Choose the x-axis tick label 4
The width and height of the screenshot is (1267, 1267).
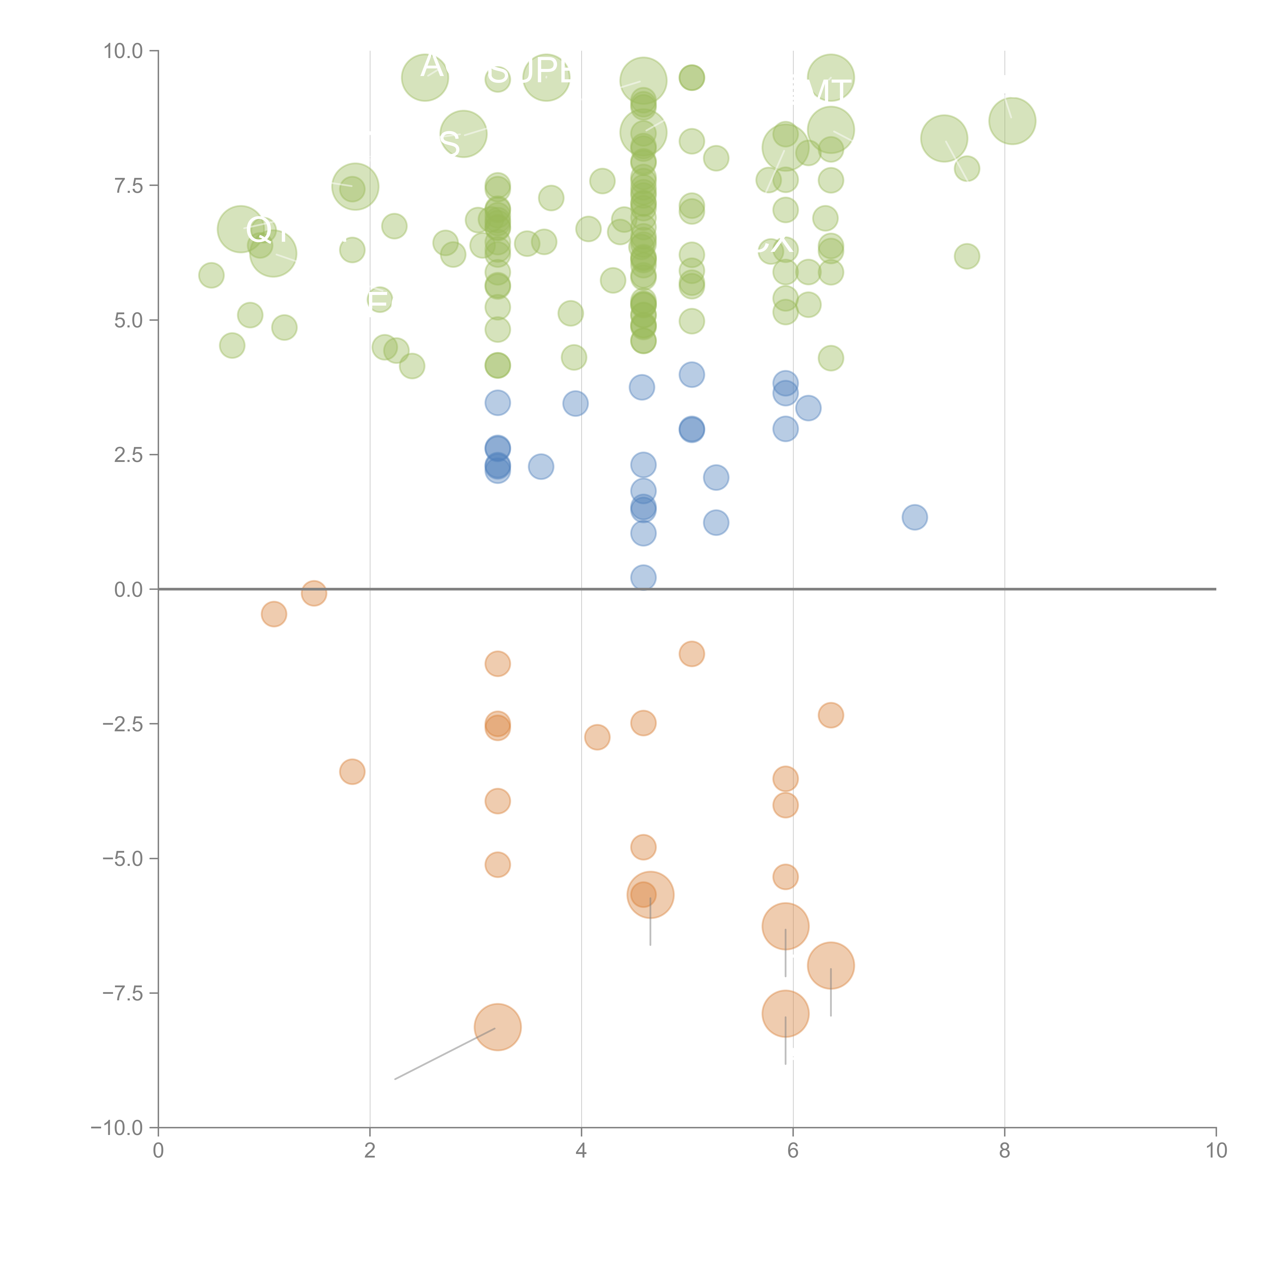(581, 1151)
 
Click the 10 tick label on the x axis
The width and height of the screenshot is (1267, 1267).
(1215, 1151)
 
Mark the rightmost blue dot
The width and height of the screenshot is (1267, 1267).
(914, 517)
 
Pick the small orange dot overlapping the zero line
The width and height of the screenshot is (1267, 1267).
(314, 593)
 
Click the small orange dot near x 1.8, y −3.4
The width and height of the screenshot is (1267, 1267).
(352, 772)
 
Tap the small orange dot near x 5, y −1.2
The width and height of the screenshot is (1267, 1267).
(691, 654)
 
